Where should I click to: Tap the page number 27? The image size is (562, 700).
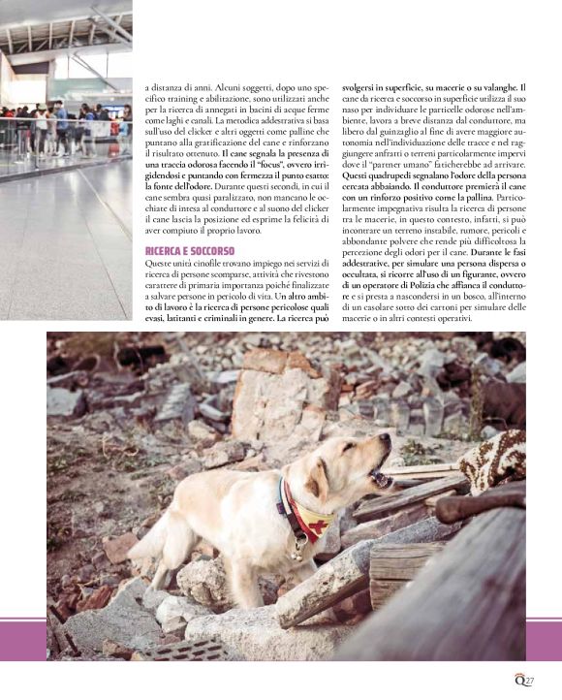click(531, 680)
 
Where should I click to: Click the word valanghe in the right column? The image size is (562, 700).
click(503, 85)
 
